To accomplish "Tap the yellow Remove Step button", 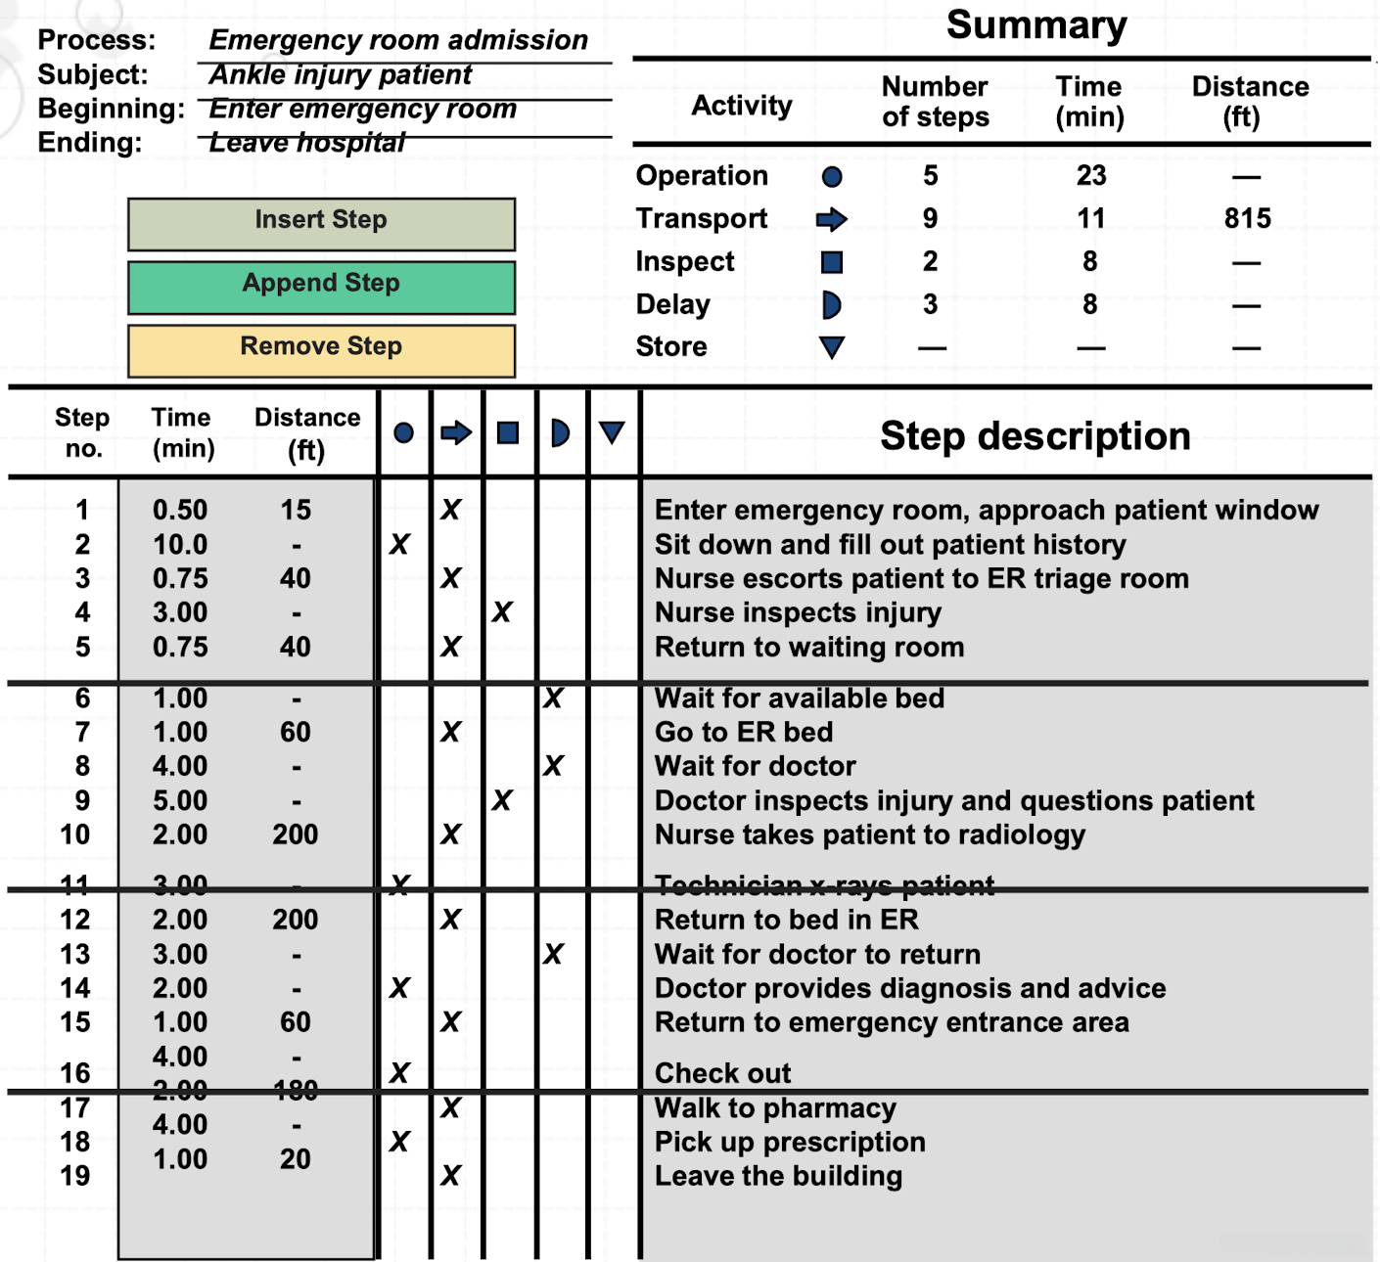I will click(321, 349).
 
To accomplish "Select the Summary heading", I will click(1035, 25).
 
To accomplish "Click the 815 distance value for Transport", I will click(1247, 219).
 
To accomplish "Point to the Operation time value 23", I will click(1090, 176).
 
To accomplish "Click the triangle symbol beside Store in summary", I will click(832, 347).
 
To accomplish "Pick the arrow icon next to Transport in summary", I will click(831, 219).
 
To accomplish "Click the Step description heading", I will click(1035, 436).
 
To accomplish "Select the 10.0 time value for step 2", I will click(180, 545).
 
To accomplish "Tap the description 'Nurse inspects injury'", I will click(798, 613).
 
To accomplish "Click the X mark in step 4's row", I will click(502, 612).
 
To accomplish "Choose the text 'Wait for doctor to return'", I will click(817, 955).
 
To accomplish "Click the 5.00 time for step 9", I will click(180, 801).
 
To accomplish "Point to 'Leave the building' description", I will click(778, 1176).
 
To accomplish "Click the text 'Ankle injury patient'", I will click(340, 75).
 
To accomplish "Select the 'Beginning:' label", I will click(111, 109).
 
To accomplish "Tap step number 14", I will click(75, 988).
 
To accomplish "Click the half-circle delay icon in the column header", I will click(560, 432).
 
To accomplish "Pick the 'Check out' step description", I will click(722, 1073).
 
